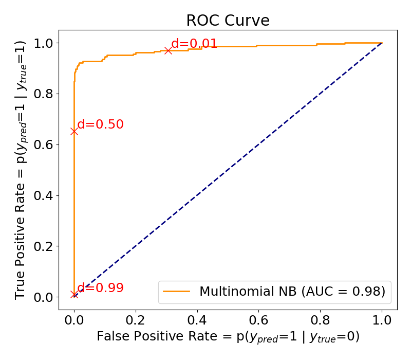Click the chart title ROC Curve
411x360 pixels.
click(x=228, y=21)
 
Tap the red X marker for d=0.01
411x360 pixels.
click(x=168, y=50)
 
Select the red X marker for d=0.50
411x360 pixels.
click(x=74, y=131)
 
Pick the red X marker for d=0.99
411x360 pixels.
click(x=74, y=295)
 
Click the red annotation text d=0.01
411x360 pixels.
click(x=194, y=44)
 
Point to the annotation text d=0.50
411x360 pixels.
click(x=100, y=124)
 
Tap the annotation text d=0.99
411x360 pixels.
click(x=100, y=288)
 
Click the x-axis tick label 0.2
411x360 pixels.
click(x=136, y=320)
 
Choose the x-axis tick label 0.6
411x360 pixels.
click(x=258, y=320)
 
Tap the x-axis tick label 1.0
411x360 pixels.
click(x=382, y=320)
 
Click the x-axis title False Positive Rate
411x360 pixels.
click(x=228, y=337)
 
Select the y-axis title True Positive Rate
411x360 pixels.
click(x=21, y=170)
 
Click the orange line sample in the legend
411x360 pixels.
click(x=177, y=292)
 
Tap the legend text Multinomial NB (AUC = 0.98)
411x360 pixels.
click(x=292, y=292)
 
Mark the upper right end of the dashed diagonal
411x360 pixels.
click(x=382, y=43)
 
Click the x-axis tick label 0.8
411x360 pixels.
click(x=320, y=320)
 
